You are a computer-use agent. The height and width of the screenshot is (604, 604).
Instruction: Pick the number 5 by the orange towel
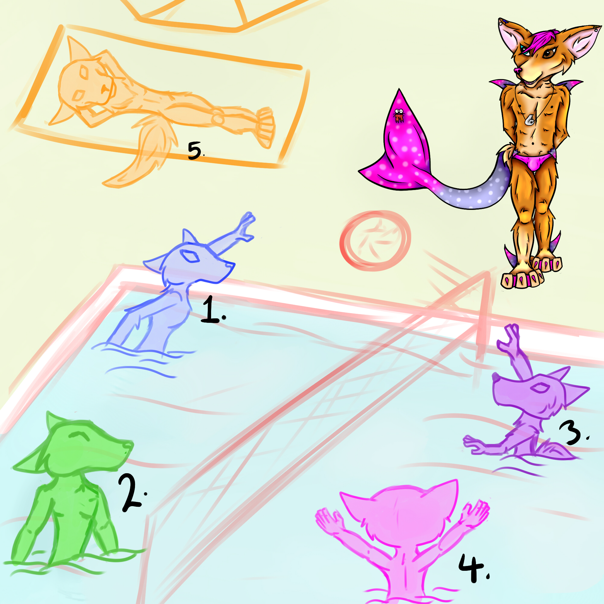[x=196, y=151]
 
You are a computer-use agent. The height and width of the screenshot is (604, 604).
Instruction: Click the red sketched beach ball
[x=375, y=240]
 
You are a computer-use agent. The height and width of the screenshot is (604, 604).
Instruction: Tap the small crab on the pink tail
[x=398, y=115]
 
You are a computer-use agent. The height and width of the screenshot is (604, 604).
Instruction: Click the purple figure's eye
[x=541, y=388]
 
